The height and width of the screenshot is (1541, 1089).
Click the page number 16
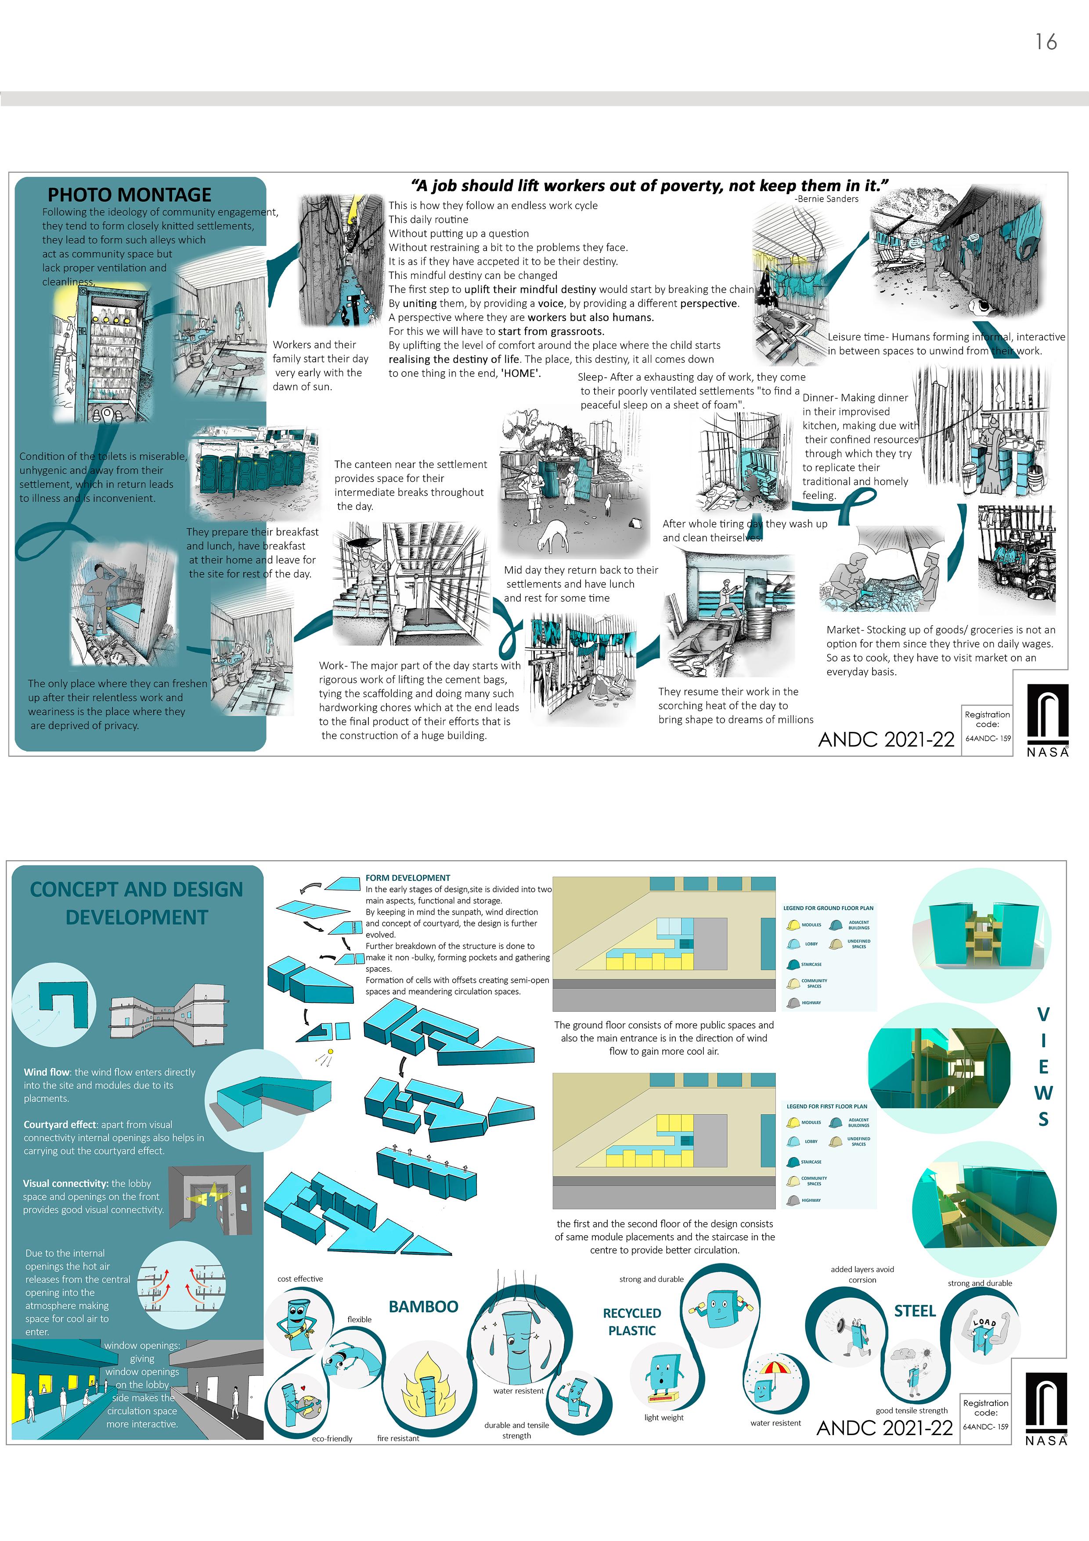coord(1046,42)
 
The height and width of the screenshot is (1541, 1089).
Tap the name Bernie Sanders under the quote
coord(827,199)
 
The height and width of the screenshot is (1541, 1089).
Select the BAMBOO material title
coord(423,1306)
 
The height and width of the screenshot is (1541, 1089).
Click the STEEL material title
coord(915,1311)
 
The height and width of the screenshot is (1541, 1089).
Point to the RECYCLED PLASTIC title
coord(631,1321)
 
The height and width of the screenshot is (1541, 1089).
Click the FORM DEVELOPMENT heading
coord(407,878)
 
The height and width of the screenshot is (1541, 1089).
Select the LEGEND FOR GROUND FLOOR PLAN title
coord(828,908)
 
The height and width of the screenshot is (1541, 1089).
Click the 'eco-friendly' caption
coord(332,1438)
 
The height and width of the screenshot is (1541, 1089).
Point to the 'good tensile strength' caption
coord(911,1410)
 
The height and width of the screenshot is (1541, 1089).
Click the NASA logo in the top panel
coord(1047,720)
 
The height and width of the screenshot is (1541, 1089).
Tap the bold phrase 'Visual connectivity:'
coord(66,1183)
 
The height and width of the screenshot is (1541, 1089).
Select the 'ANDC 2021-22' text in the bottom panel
coord(884,1428)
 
